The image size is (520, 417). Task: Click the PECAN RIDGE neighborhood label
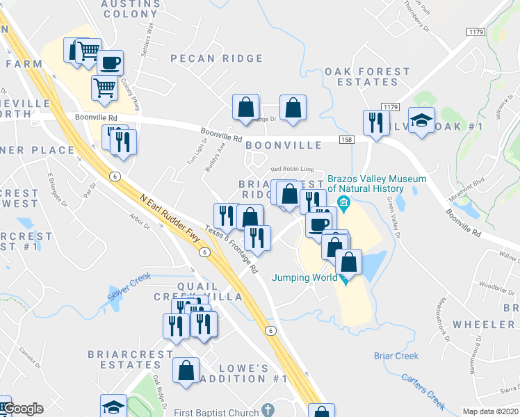point(217,59)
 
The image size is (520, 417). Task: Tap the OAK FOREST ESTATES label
point(367,76)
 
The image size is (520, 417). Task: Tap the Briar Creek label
point(396,356)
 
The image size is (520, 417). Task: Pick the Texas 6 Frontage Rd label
point(231,248)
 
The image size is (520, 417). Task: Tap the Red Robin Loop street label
point(293,169)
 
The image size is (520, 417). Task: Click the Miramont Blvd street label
point(466,189)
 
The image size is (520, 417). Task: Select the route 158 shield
point(346,140)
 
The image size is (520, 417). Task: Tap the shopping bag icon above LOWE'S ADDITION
point(186,371)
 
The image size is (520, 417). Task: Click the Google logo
point(22,409)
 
